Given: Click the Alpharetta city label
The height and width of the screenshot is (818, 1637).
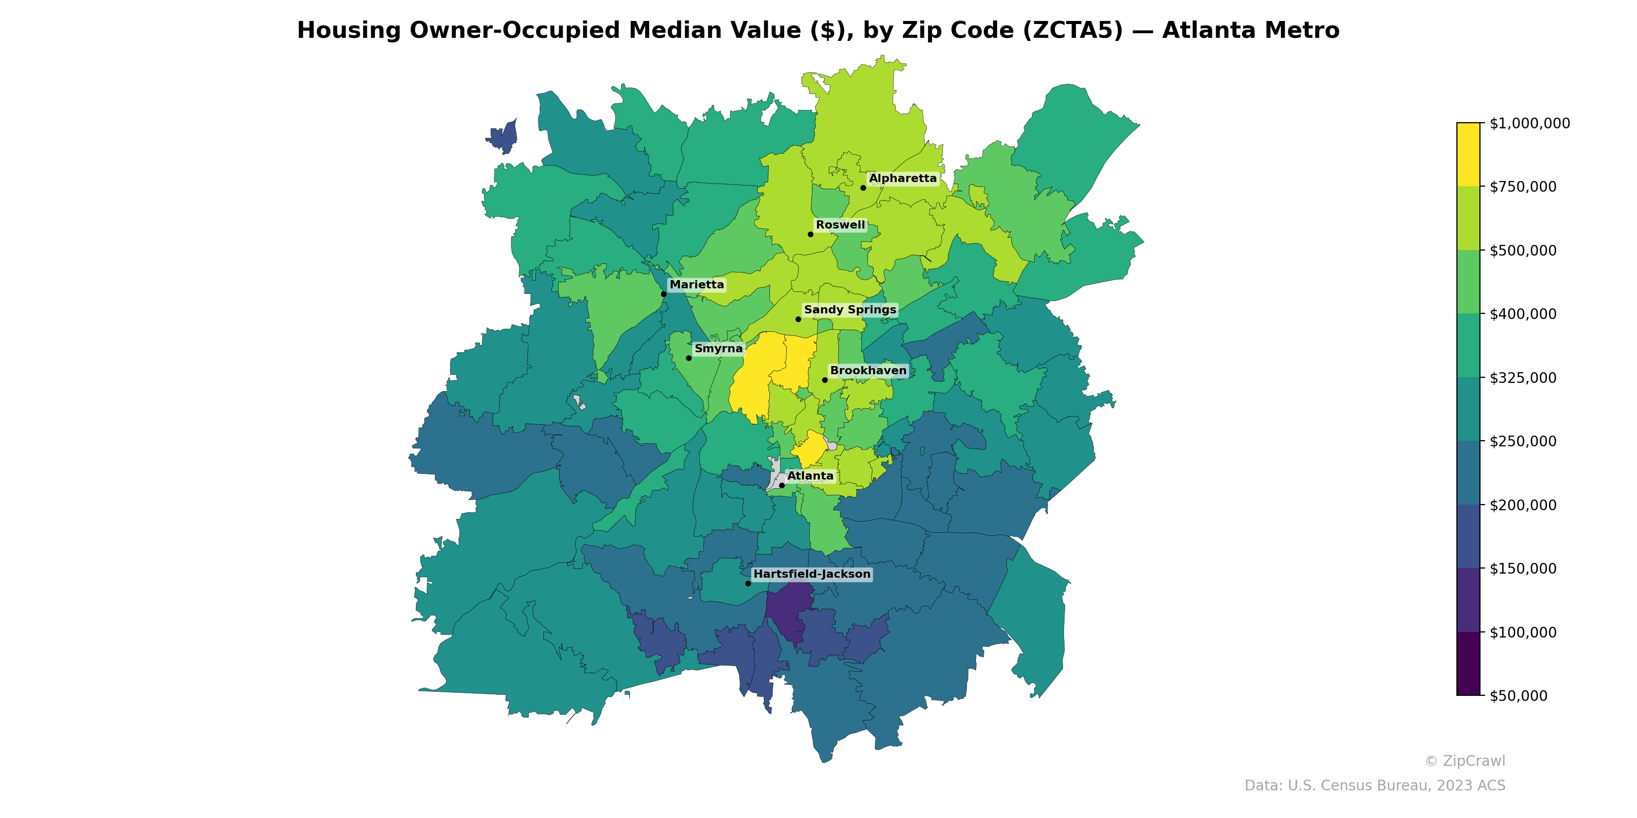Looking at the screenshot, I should point(902,178).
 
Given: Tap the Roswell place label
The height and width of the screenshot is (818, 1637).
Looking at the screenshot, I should point(840,225).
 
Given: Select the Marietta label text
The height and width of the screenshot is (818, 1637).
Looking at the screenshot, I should point(696,285).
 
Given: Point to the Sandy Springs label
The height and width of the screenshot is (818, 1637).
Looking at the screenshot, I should point(850,309).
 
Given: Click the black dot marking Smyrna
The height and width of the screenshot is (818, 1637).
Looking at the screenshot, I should point(688,358).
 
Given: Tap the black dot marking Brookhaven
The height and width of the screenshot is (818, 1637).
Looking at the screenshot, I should point(825,380).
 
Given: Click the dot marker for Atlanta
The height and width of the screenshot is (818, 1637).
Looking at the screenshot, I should point(782,485).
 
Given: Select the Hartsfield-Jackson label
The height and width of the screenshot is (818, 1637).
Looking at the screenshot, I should point(811,574).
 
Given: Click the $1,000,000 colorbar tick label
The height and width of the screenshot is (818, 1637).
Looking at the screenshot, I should point(1530,123).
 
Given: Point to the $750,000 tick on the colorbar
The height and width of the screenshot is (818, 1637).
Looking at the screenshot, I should point(1522,187).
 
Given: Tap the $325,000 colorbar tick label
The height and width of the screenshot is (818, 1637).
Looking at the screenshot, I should point(1522,378).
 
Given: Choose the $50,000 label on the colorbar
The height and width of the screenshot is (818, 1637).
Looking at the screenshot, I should point(1518,696).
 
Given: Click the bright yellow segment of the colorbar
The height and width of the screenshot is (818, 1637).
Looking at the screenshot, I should point(1468,154).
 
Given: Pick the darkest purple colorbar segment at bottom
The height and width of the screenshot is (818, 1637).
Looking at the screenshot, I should point(1468,664).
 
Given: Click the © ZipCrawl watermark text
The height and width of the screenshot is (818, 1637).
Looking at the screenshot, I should point(1465,761).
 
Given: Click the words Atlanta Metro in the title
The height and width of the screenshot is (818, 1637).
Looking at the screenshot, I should point(1251,31).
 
